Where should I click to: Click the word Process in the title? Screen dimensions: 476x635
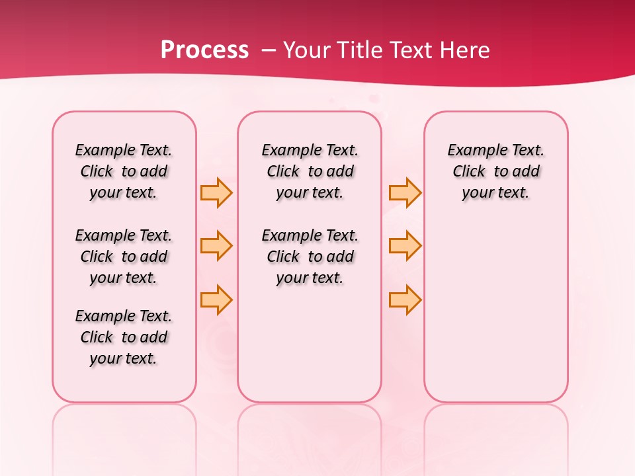(x=204, y=50)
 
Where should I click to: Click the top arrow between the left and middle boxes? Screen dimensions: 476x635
(x=216, y=192)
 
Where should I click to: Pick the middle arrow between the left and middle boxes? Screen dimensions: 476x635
(x=216, y=246)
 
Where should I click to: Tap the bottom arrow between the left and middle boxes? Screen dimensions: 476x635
(x=216, y=299)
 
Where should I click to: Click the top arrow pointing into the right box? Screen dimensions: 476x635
(x=405, y=192)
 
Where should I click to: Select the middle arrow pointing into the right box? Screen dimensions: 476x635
(x=405, y=246)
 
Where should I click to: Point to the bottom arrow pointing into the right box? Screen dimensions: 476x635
(x=405, y=299)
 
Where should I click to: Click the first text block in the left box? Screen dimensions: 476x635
(x=124, y=171)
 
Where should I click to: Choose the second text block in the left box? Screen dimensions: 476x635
(x=124, y=257)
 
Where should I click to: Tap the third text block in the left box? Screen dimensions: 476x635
(x=124, y=337)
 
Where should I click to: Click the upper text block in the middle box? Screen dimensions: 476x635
(x=310, y=171)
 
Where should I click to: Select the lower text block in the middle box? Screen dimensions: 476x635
(x=310, y=257)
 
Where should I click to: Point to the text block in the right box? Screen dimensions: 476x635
(x=496, y=171)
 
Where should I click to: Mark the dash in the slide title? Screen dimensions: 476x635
(x=269, y=50)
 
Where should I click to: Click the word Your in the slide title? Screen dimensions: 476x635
(x=307, y=50)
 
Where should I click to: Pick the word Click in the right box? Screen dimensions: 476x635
(x=469, y=172)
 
